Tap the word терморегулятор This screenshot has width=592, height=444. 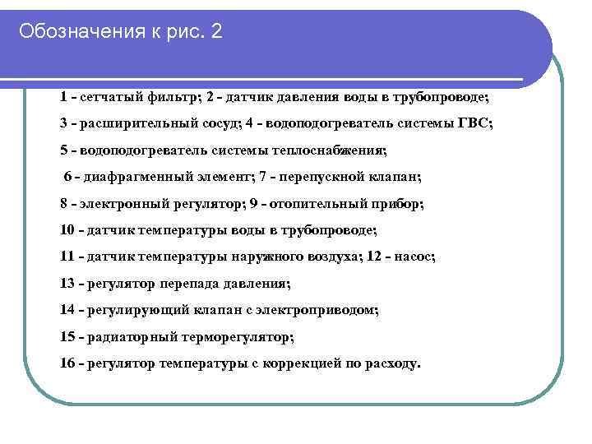[229, 336]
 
